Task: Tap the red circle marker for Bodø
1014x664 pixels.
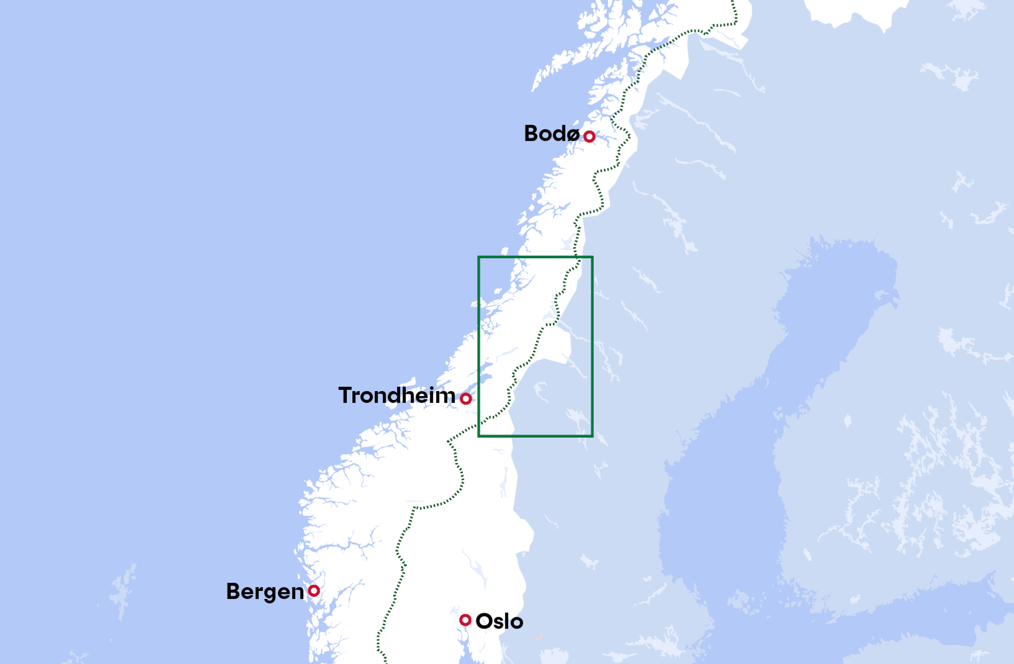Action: click(589, 136)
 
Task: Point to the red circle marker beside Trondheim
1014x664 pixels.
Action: click(466, 398)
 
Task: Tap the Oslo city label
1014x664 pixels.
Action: click(499, 621)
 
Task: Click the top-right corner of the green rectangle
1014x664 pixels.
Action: click(592, 257)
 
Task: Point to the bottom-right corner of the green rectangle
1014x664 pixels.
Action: click(592, 436)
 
